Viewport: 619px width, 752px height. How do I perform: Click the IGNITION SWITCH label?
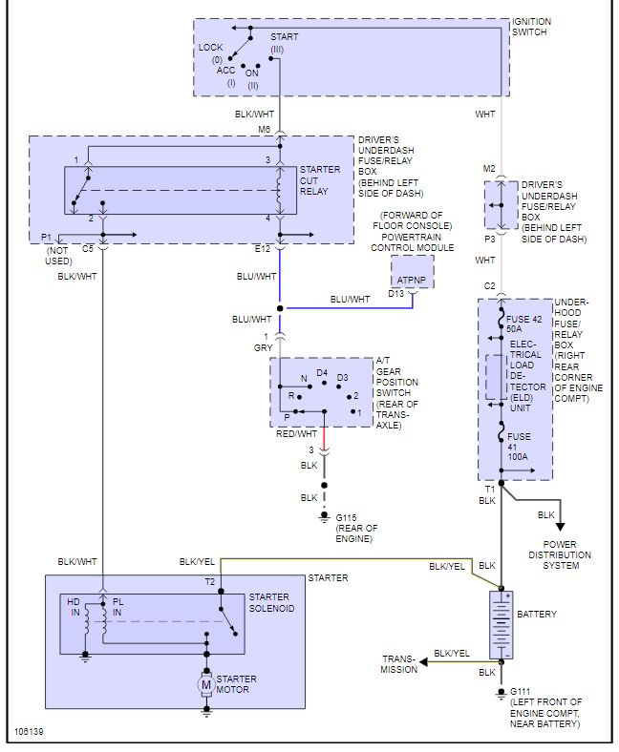point(531,27)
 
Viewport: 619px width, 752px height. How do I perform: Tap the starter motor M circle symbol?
point(205,683)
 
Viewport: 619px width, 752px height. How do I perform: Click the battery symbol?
point(501,624)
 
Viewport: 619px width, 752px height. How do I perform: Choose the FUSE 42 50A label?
point(523,323)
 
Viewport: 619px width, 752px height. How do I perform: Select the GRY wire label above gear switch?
point(263,348)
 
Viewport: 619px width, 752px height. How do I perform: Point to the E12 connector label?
point(263,249)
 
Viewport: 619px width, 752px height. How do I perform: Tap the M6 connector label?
point(264,130)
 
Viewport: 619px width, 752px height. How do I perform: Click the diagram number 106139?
point(28,733)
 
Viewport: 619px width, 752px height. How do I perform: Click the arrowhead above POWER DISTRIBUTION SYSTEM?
point(560,525)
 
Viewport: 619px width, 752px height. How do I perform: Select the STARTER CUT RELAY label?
point(319,180)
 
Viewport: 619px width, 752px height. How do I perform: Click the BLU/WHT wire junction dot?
point(280,308)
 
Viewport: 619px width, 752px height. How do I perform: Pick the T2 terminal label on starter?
point(210,581)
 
